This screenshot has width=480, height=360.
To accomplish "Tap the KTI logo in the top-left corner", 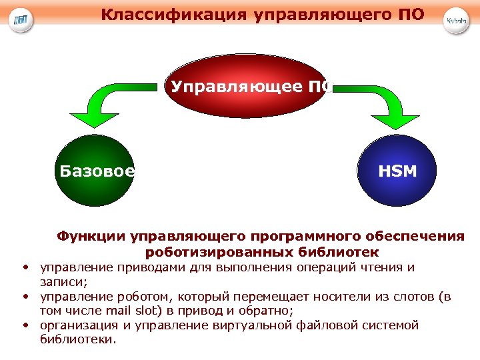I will (x=22, y=20).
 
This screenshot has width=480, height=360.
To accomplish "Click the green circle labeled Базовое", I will (x=95, y=171).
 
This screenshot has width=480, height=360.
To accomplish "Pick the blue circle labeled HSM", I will (x=397, y=171).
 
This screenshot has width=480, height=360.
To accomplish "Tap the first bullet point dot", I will (x=24, y=268).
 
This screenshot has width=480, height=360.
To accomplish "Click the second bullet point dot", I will (x=24, y=297).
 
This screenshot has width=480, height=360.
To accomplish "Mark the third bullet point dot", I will (x=24, y=325).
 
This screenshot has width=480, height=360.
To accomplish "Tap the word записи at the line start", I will (x=58, y=282).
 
